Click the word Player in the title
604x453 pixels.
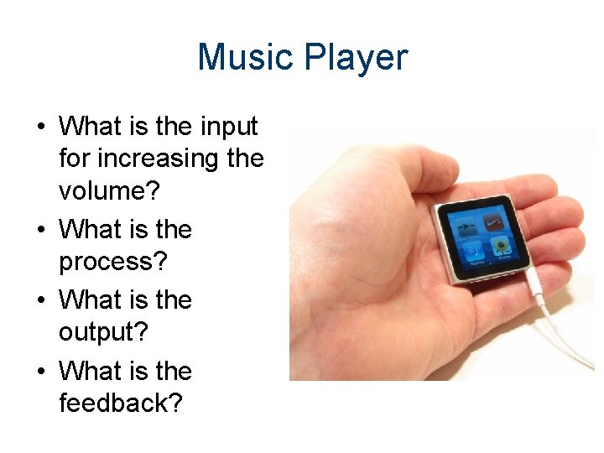(357, 58)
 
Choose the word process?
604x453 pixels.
(112, 263)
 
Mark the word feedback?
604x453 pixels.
(120, 404)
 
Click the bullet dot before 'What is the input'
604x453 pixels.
(40, 128)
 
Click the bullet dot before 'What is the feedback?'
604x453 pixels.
(40, 372)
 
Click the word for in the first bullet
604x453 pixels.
(72, 159)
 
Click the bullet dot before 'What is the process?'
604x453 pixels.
(40, 231)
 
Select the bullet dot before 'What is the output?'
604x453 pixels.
(40, 301)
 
